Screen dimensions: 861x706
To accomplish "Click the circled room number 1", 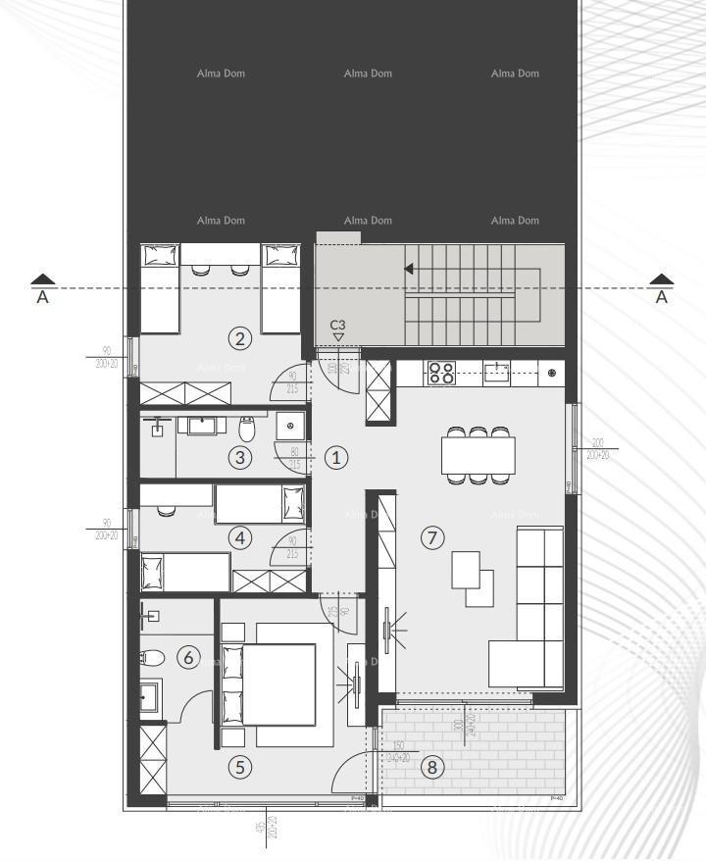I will (x=335, y=457).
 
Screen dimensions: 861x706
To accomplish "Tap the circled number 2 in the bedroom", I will (x=239, y=339).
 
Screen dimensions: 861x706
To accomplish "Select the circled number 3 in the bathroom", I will (x=239, y=456).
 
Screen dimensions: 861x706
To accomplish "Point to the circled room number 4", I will (x=239, y=537).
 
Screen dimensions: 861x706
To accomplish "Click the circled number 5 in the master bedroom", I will (x=239, y=767).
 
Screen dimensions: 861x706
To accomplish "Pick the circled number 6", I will (x=188, y=657).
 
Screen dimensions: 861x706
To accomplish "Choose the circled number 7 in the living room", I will (x=432, y=537).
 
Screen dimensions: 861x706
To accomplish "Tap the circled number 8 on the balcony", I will (x=430, y=767).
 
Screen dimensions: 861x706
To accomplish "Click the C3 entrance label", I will (x=337, y=324).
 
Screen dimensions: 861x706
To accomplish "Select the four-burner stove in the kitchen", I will (x=441, y=374).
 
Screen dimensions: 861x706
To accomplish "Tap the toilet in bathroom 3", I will (x=248, y=429).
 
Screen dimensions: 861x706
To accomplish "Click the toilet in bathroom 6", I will (x=150, y=657).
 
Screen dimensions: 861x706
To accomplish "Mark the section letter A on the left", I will (x=42, y=297).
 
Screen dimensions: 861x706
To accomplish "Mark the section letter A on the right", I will (x=662, y=297).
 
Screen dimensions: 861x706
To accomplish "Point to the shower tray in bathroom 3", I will (x=290, y=427).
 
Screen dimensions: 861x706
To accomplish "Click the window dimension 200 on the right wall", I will (x=597, y=443).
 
